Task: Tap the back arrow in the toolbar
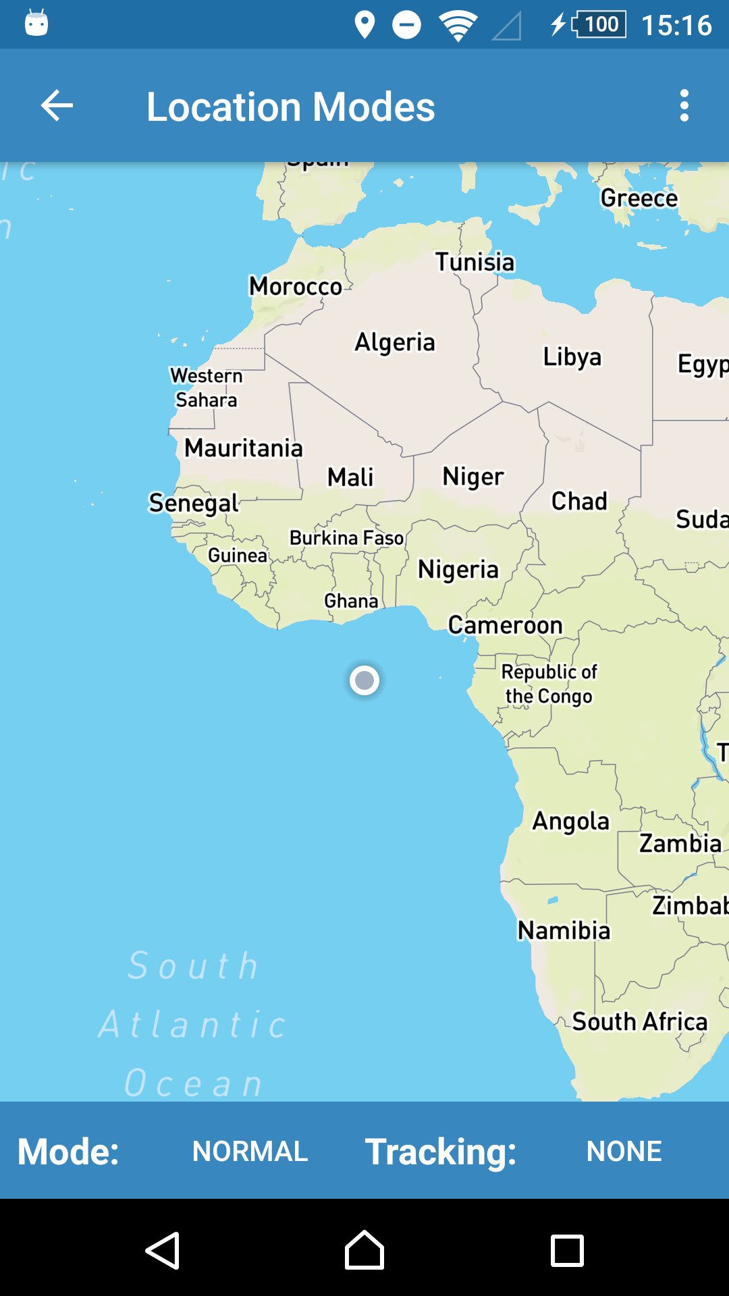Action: click(57, 106)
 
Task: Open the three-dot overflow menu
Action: click(684, 106)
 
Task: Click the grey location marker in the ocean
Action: click(364, 680)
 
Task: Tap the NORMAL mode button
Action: click(250, 1151)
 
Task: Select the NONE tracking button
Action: click(624, 1151)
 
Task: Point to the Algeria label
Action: click(395, 342)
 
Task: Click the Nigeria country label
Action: click(458, 570)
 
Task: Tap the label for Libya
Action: click(572, 357)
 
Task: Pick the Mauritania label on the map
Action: click(244, 448)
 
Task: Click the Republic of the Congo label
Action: click(549, 684)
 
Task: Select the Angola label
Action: click(570, 821)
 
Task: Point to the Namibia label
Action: click(564, 931)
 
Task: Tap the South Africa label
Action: click(640, 1022)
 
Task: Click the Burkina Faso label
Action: click(346, 538)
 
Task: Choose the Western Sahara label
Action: click(206, 387)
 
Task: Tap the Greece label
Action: click(639, 198)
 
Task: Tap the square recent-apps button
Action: click(567, 1251)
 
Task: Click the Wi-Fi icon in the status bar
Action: click(458, 26)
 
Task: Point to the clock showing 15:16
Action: click(676, 26)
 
